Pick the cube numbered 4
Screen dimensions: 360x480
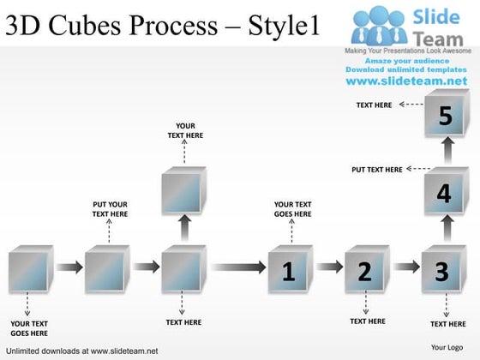pyautogui.click(x=444, y=194)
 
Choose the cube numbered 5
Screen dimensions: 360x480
pyautogui.click(x=444, y=117)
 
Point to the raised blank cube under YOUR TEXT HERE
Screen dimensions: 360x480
pyautogui.click(x=183, y=190)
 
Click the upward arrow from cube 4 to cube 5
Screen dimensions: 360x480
pyautogui.click(x=446, y=153)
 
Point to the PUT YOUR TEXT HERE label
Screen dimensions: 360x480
pyautogui.click(x=110, y=208)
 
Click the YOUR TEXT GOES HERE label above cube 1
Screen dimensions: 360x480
pyautogui.click(x=292, y=208)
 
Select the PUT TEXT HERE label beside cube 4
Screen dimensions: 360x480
pyautogui.click(x=376, y=170)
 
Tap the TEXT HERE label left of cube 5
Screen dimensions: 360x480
pyautogui.click(x=375, y=105)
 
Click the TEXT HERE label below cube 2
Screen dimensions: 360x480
pyautogui.click(x=368, y=321)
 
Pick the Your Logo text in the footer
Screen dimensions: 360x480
pyautogui.click(x=447, y=347)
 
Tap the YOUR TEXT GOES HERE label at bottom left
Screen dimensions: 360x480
pyautogui.click(x=29, y=327)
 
